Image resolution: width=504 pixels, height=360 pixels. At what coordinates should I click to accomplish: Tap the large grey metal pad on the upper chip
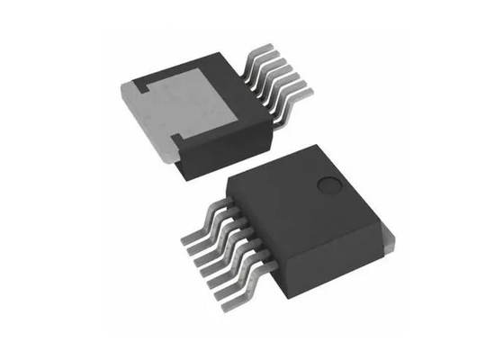(x=193, y=107)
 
